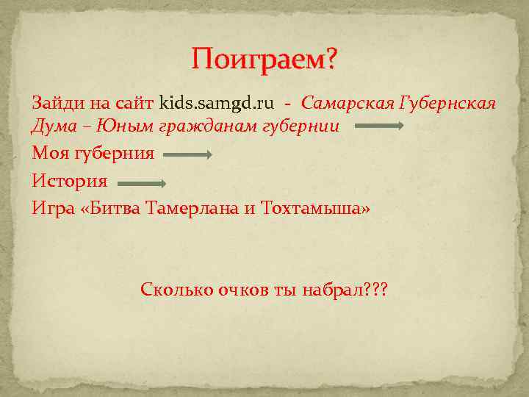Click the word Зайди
[x=55, y=102]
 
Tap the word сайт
[x=134, y=102]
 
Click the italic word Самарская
[x=347, y=102]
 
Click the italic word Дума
[x=53, y=126]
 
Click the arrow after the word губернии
[x=379, y=126]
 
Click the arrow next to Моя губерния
[x=188, y=154]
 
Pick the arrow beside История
[x=142, y=182]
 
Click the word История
[x=70, y=182]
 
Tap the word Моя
[x=50, y=154]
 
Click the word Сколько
[x=176, y=289]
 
